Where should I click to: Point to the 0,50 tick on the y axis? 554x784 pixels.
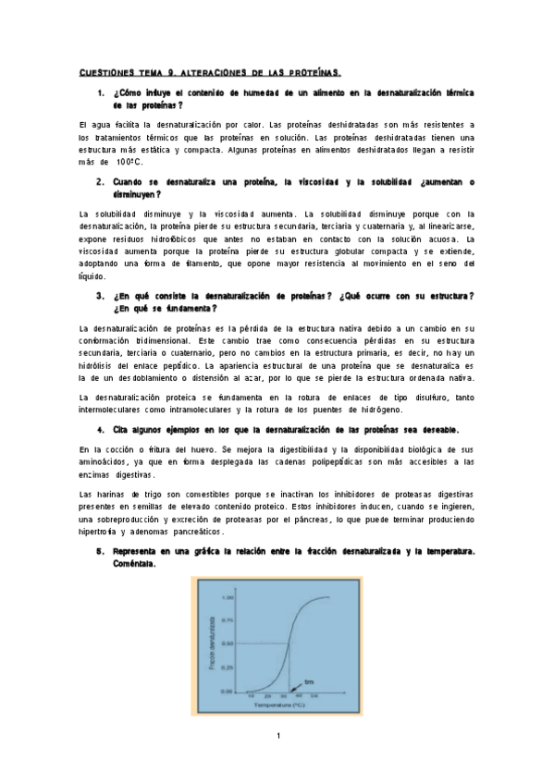coord(228,643)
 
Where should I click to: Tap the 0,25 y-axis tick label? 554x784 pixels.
coord(228,668)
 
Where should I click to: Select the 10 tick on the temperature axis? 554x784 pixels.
coord(250,696)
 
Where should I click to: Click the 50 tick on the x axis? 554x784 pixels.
coord(314,696)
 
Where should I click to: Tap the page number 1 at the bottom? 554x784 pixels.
coord(277,737)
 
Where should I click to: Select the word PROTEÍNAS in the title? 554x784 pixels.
coord(314,71)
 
